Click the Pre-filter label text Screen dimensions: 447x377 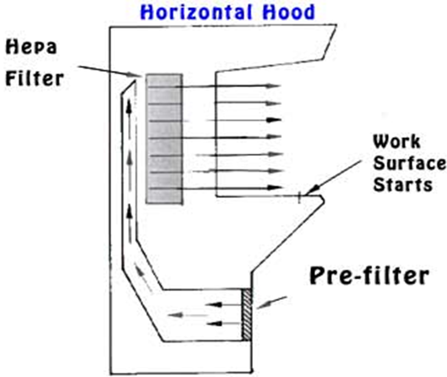click(367, 276)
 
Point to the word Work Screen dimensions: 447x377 click(397, 142)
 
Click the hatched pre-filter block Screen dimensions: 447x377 click(247, 315)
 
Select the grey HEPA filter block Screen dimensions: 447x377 click(164, 139)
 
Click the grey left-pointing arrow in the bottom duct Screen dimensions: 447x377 click(182, 316)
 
